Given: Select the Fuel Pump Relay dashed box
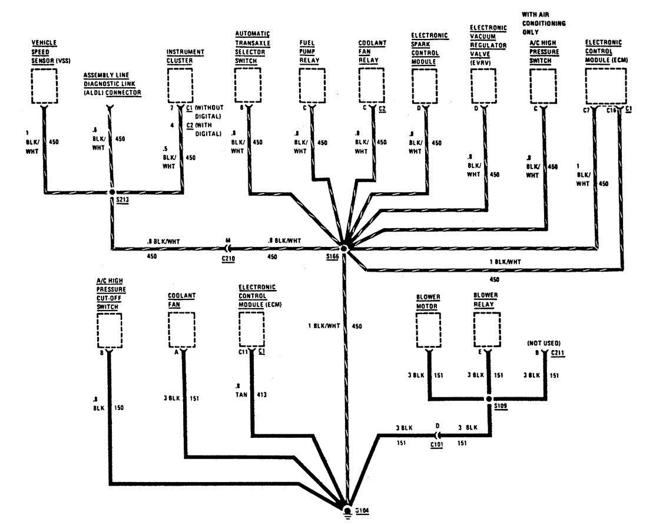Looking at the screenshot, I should [x=312, y=85].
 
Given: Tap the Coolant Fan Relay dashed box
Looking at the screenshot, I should [x=372, y=85].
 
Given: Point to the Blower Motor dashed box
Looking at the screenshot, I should [x=430, y=330].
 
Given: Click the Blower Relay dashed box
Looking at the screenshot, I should [x=488, y=330].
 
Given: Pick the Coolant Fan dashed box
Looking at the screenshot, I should [x=182, y=330].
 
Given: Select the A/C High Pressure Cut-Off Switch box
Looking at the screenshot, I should [x=109, y=330].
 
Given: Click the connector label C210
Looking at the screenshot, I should [x=228, y=258].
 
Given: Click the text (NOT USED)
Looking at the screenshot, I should [x=542, y=342].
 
